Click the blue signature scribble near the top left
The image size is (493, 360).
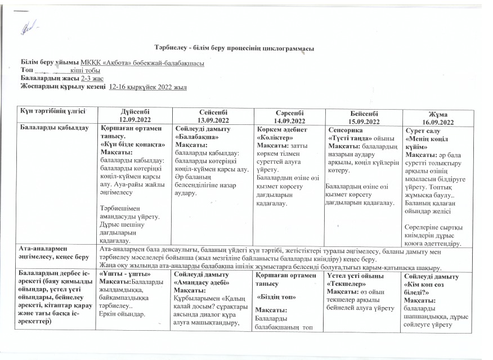(x=28, y=25)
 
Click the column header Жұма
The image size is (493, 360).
(x=440, y=114)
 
